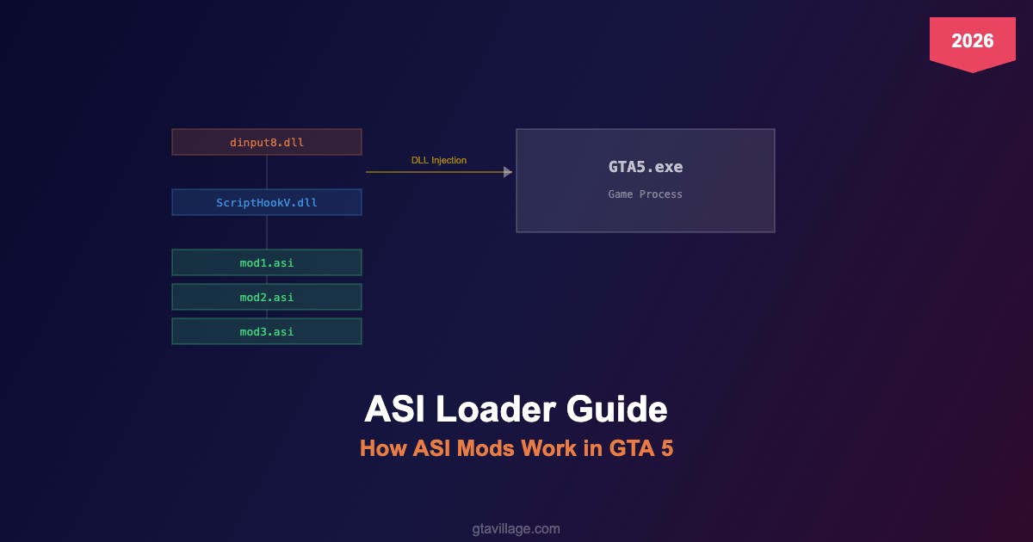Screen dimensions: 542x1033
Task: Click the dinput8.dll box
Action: pyautogui.click(x=267, y=142)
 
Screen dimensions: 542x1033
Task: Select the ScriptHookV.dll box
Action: pyautogui.click(x=267, y=202)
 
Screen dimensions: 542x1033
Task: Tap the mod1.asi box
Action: pyautogui.click(x=267, y=262)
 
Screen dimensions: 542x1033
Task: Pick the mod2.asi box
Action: pyautogui.click(x=267, y=297)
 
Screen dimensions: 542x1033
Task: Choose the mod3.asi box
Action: pyautogui.click(x=267, y=331)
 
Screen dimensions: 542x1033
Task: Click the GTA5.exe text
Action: pyautogui.click(x=645, y=167)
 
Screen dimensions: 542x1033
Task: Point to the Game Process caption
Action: pyautogui.click(x=645, y=194)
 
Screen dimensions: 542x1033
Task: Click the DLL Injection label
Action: pyautogui.click(x=439, y=160)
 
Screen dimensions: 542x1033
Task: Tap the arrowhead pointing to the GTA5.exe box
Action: pyautogui.click(x=508, y=172)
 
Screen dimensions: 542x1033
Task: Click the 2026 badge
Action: pyautogui.click(x=972, y=40)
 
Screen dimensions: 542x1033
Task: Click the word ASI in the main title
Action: pyautogui.click(x=396, y=410)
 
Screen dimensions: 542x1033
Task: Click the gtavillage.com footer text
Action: pyautogui.click(x=516, y=528)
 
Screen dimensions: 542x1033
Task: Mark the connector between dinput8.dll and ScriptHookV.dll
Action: pyautogui.click(x=267, y=172)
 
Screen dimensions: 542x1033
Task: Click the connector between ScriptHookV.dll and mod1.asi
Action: pyautogui.click(x=267, y=232)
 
